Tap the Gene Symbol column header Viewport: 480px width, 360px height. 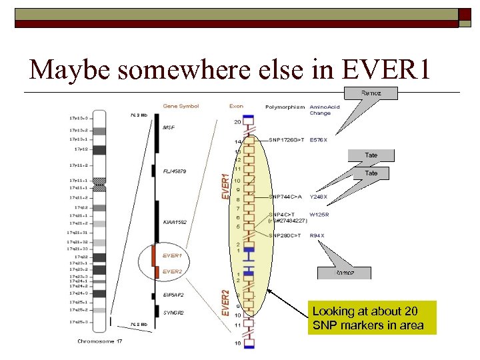click(181, 106)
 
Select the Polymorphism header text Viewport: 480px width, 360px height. click(285, 107)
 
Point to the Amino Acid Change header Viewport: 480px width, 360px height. click(325, 110)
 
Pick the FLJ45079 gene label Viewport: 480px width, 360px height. click(175, 172)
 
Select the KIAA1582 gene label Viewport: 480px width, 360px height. click(175, 222)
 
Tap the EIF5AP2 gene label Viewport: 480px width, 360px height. click(173, 294)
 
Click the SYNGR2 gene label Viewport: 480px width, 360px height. click(173, 312)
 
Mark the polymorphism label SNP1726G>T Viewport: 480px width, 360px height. click(288, 141)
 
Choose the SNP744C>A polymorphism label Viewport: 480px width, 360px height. click(286, 197)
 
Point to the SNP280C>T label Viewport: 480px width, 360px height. click(286, 235)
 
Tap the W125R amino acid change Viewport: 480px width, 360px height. click(319, 215)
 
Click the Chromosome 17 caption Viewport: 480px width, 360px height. click(99, 343)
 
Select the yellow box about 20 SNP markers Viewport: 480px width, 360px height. click(371, 318)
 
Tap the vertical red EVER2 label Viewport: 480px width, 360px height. click(225, 302)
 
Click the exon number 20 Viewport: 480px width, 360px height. click(237, 122)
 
